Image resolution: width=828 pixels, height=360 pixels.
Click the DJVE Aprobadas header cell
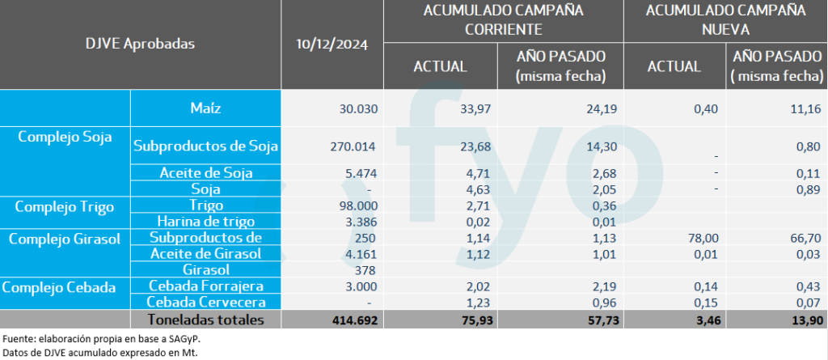pyautogui.click(x=141, y=44)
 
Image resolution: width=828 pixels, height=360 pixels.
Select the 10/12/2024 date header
pyautogui.click(x=332, y=44)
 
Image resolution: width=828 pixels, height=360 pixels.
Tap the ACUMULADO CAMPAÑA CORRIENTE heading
pyautogui.click(x=503, y=19)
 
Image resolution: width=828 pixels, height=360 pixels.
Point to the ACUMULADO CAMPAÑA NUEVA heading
pyautogui.click(x=725, y=19)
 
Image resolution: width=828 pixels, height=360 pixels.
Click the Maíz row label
pyautogui.click(x=205, y=108)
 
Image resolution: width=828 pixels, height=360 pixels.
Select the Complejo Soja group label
pyautogui.click(x=65, y=136)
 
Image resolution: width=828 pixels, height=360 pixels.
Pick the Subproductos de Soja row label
pyautogui.click(x=205, y=146)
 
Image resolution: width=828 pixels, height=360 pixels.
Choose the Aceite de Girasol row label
pyautogui.click(x=205, y=254)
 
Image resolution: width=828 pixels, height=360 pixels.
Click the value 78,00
pyautogui.click(x=685, y=238)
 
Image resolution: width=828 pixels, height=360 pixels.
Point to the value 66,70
pyautogui.click(x=805, y=238)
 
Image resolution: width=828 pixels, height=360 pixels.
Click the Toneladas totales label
pyautogui.click(x=205, y=320)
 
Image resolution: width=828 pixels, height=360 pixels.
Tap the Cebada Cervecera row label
pyautogui.click(x=205, y=302)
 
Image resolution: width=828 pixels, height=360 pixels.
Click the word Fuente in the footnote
pyautogui.click(x=21, y=337)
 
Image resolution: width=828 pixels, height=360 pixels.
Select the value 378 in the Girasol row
pyautogui.click(x=367, y=269)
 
